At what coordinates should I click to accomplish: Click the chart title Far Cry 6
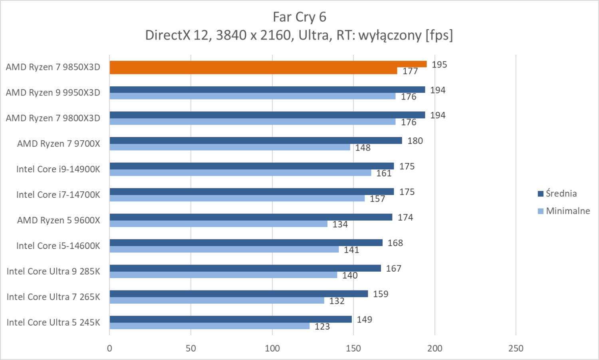pyautogui.click(x=299, y=17)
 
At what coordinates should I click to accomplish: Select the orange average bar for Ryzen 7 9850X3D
pyautogui.click(x=268, y=64)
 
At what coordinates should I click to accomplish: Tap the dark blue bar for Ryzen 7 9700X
pyautogui.click(x=256, y=141)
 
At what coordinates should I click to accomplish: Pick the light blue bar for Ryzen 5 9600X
pyautogui.click(x=218, y=224)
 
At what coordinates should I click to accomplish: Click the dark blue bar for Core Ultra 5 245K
pyautogui.click(x=230, y=319)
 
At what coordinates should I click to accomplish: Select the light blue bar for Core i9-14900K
pyautogui.click(x=240, y=173)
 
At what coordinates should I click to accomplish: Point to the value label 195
pyautogui.click(x=439, y=65)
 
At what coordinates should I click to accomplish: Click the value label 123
pyautogui.click(x=322, y=327)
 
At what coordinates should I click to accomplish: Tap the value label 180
pyautogui.click(x=415, y=141)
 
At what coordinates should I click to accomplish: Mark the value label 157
pyautogui.click(x=377, y=199)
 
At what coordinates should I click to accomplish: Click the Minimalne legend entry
pyautogui.click(x=567, y=211)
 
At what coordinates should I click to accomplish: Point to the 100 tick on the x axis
pyautogui.click(x=272, y=348)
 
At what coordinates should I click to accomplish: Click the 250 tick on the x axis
pyautogui.click(x=516, y=348)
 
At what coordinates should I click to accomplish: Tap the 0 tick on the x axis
pyautogui.click(x=110, y=348)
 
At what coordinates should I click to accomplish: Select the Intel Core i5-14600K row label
pyautogui.click(x=58, y=246)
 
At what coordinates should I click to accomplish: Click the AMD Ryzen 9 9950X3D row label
pyautogui.click(x=53, y=93)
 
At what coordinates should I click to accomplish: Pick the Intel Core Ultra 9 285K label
pyautogui.click(x=54, y=271)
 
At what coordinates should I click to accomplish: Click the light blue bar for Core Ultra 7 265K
pyautogui.click(x=217, y=300)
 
